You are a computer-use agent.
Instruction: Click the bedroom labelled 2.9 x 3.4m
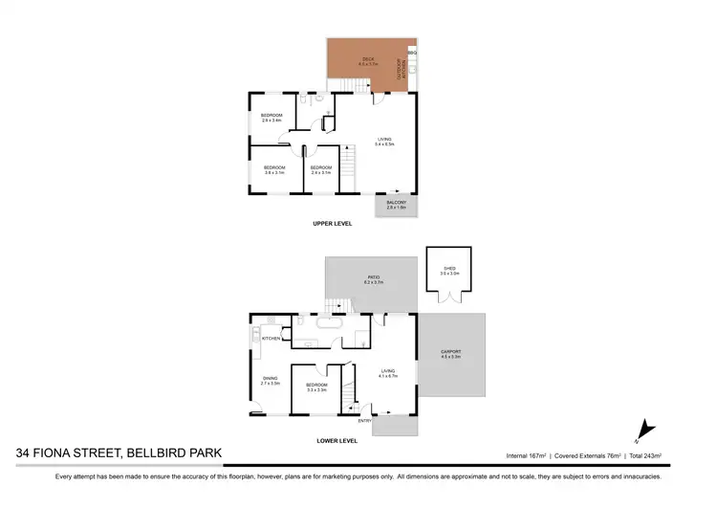272,118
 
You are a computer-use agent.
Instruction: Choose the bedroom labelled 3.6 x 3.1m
274,170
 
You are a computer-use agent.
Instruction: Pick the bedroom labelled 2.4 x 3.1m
320,170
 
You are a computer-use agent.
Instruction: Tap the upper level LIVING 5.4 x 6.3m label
385,142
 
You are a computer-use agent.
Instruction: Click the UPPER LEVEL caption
333,223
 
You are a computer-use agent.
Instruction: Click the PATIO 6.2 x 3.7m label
372,279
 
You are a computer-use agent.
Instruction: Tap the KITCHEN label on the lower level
272,339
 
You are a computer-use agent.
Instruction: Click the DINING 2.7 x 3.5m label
271,381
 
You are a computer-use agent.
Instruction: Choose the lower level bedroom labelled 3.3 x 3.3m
316,388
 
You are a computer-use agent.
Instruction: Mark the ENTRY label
364,420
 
